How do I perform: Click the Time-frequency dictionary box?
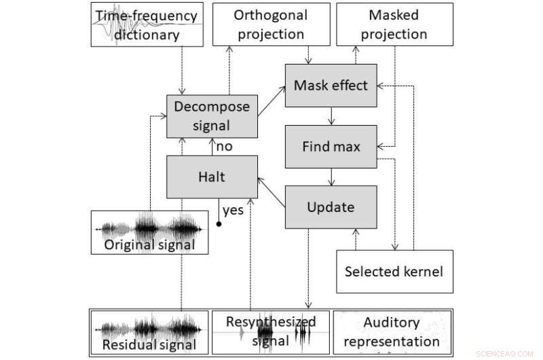click(x=147, y=24)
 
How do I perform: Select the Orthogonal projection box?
click(x=270, y=24)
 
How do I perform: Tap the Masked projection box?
click(x=394, y=24)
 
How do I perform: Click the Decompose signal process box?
click(x=212, y=115)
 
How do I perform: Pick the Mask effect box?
click(x=330, y=86)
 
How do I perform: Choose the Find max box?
click(x=330, y=146)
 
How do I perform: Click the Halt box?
click(x=212, y=177)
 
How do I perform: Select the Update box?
click(x=330, y=206)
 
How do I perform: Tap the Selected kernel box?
click(x=394, y=271)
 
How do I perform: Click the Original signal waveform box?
click(x=149, y=232)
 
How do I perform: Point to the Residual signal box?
click(x=149, y=333)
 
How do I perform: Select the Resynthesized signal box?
click(x=270, y=333)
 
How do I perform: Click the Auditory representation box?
click(x=392, y=333)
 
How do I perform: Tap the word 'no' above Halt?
click(x=225, y=146)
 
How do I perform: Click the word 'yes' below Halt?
click(x=233, y=210)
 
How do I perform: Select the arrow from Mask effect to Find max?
click(x=331, y=115)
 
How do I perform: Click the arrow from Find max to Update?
click(x=331, y=176)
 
